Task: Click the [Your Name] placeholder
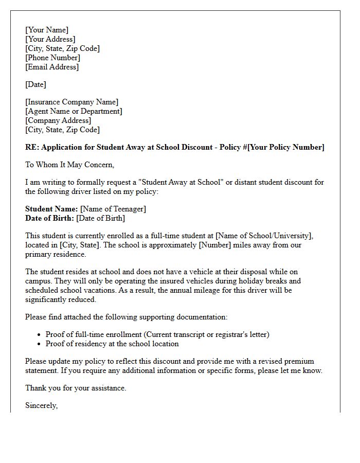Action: point(47,30)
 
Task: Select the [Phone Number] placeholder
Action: point(52,58)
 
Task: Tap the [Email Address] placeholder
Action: point(52,67)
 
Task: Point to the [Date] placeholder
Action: point(35,84)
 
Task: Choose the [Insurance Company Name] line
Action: point(71,102)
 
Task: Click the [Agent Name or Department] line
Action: point(74,111)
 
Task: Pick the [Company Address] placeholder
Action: point(58,120)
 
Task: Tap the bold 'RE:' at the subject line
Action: point(32,147)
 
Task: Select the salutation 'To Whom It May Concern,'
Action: point(69,165)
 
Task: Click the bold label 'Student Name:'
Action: point(51,209)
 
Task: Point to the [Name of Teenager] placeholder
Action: point(113,209)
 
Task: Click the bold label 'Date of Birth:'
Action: point(49,218)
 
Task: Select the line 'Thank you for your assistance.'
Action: point(76,388)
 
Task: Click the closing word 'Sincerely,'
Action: point(42,405)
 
